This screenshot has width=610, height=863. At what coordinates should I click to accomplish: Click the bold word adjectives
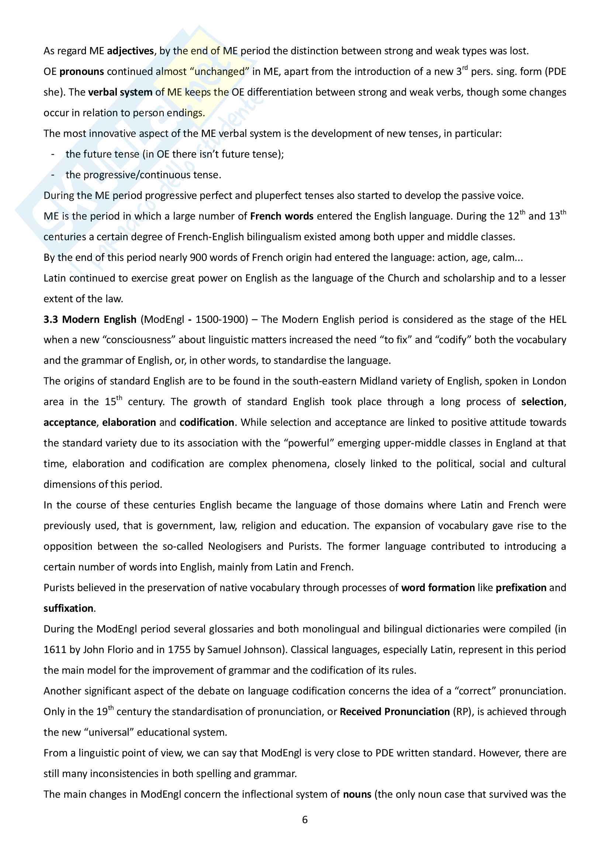click(130, 51)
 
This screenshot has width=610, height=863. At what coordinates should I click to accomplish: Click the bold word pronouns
click(82, 72)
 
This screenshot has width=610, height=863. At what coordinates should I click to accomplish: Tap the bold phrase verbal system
click(120, 92)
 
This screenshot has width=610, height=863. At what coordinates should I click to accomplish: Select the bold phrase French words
click(282, 216)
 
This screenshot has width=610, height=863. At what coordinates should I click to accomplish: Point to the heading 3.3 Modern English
click(90, 320)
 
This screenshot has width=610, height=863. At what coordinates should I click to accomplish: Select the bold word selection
click(543, 402)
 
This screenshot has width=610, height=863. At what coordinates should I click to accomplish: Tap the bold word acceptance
click(70, 422)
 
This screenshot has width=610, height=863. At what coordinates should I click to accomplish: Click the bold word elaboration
click(129, 422)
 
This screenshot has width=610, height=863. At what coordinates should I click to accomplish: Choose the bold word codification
click(207, 422)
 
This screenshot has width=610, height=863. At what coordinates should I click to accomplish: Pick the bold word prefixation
click(521, 587)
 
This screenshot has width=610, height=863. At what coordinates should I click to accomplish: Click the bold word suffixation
click(68, 608)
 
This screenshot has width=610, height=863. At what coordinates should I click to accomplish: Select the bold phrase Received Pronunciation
click(395, 711)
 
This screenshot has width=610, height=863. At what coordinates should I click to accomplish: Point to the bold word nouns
click(357, 794)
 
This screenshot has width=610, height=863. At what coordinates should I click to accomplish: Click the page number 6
click(305, 820)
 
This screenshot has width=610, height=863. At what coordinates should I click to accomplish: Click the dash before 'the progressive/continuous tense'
click(53, 175)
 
